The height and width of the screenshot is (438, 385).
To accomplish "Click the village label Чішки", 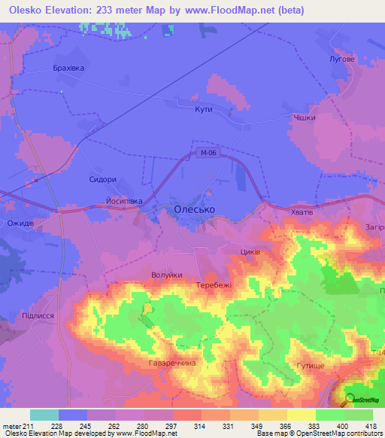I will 305,118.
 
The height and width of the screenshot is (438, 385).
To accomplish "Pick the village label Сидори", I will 103,180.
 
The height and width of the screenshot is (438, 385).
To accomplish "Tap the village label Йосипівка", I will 124,202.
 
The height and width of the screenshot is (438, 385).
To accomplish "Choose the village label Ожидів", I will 20,224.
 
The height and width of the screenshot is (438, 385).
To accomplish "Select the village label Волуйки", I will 167,275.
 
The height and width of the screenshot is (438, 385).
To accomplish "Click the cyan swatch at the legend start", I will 44,415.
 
